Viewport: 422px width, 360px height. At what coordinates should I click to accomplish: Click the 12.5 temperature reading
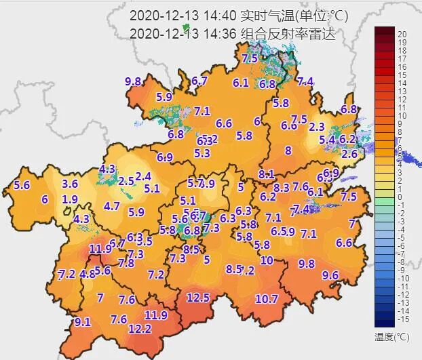(198, 298)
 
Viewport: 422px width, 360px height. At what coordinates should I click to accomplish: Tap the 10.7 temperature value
(267, 299)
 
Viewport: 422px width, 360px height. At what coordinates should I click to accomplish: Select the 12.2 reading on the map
(140, 329)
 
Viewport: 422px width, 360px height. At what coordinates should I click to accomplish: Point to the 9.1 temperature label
(82, 321)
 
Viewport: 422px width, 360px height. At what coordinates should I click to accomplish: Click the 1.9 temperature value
(69, 199)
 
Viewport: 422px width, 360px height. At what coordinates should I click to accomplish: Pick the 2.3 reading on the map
(316, 127)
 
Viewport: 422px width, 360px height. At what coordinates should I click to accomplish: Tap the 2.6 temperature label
(349, 154)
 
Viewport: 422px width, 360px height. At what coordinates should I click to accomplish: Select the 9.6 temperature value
(330, 275)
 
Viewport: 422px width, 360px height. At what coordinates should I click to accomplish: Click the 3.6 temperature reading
(70, 184)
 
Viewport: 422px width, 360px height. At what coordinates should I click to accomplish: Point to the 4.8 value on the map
(87, 274)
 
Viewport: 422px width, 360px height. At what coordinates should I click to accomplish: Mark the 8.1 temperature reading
(266, 174)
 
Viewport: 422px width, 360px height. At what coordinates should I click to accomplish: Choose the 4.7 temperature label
(112, 206)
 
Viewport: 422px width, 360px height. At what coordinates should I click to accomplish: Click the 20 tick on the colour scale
(402, 34)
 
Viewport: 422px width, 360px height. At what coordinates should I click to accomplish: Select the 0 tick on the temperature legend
(402, 197)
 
